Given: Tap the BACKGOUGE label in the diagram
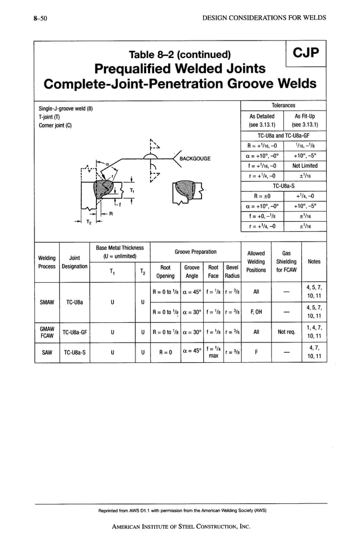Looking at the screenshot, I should click(x=195, y=159).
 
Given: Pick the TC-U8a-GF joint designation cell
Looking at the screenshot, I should click(x=75, y=332).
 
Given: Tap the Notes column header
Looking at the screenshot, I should click(x=314, y=261).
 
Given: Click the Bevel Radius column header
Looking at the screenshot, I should click(x=232, y=271).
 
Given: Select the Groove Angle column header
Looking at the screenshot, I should click(x=192, y=271).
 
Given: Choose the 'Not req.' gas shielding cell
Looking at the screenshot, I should click(x=286, y=332).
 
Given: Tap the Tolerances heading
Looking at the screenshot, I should click(x=283, y=106).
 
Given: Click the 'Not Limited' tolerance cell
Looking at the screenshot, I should click(x=305, y=166).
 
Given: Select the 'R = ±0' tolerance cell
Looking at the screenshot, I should click(x=262, y=196).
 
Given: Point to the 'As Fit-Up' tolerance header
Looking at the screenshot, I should click(x=305, y=120).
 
